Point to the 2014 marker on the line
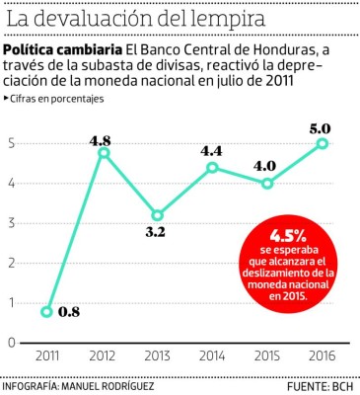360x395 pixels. point(213,168)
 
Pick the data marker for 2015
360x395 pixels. point(268,184)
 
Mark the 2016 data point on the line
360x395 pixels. point(323,144)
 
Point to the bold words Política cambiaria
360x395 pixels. point(63,50)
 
